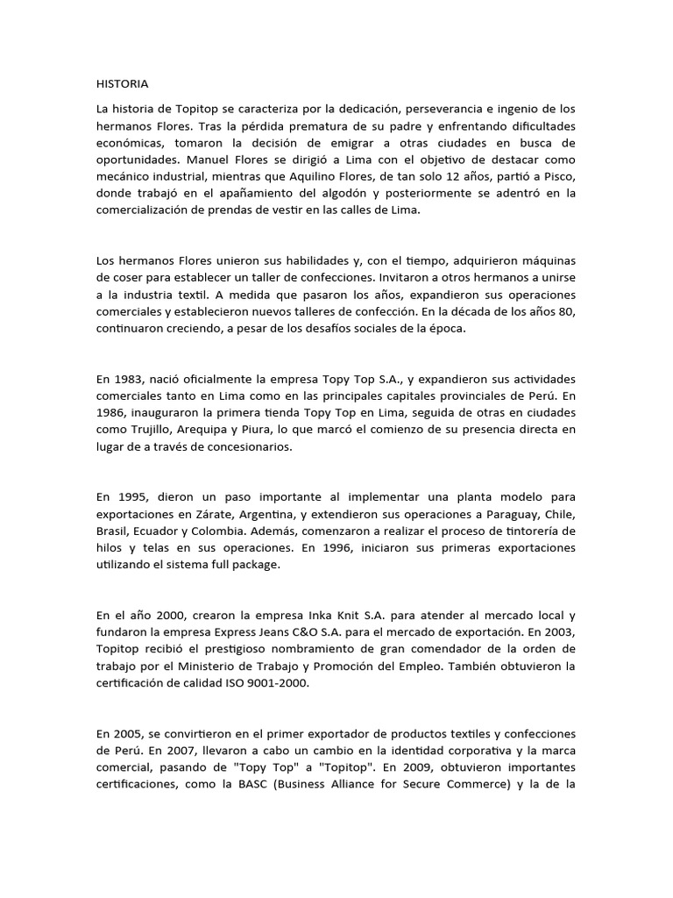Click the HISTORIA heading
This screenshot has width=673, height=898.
[122, 84]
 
